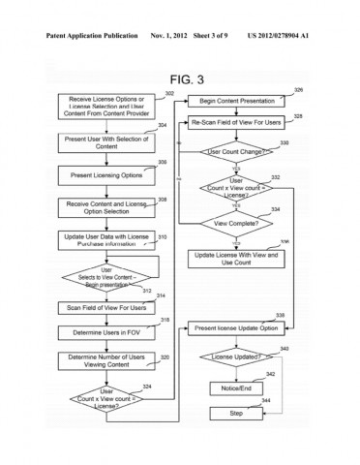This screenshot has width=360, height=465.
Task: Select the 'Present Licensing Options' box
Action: pos(101,176)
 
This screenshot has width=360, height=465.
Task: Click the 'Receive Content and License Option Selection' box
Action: pos(101,207)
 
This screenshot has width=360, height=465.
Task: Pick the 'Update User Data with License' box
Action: pos(101,240)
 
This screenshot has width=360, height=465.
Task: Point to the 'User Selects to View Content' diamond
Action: pos(101,276)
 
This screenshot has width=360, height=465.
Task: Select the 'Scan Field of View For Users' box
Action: pos(101,308)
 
